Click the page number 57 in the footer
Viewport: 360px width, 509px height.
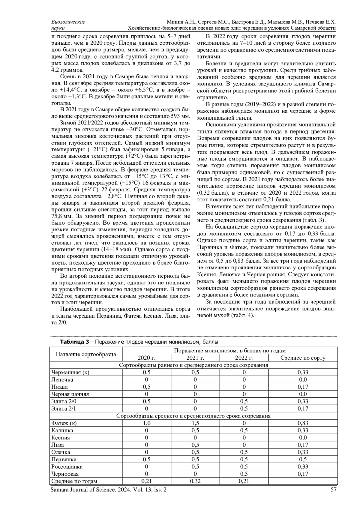333,490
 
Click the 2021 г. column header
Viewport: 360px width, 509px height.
195,358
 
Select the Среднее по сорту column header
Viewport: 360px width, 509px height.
303,358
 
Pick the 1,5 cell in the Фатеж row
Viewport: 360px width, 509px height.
195,423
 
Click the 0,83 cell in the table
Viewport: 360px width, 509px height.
303,423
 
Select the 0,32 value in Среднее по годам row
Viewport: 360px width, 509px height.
195,481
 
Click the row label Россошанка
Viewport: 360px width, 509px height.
67,467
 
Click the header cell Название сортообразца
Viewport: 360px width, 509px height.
86,354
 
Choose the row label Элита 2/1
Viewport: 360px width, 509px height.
63,409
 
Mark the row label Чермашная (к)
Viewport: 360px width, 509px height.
70,373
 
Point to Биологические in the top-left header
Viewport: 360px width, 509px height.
68,22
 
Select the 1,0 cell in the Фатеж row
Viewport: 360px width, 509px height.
146,423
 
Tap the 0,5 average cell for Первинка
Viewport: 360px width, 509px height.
303,460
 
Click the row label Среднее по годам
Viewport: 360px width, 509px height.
74,481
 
